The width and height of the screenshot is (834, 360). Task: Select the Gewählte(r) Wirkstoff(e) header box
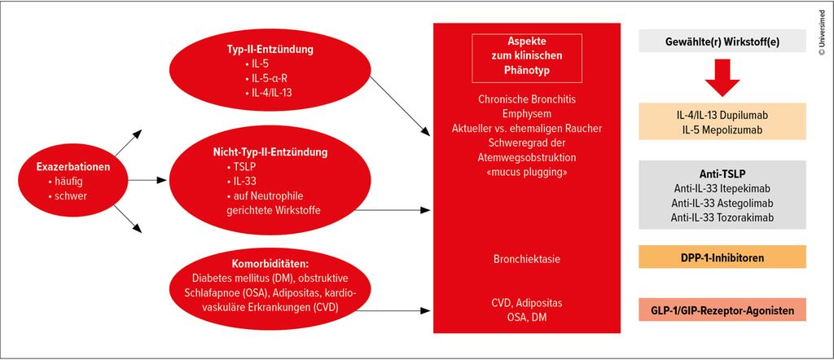point(722,42)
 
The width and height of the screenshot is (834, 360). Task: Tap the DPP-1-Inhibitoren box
point(722,258)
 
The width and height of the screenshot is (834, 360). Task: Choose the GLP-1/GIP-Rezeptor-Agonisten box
point(722,310)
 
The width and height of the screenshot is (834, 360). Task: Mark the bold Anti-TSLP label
point(722,172)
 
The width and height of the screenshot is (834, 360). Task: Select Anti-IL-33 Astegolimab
point(722,202)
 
